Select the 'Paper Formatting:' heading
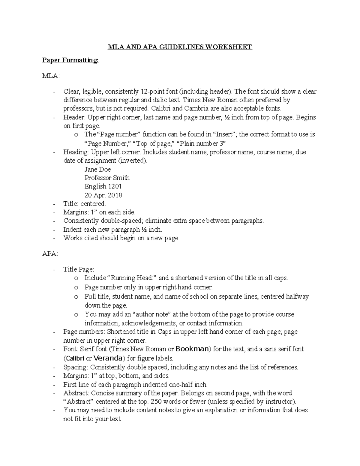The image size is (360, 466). pyautogui.click(x=70, y=61)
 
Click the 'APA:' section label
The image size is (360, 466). pyautogui.click(x=50, y=254)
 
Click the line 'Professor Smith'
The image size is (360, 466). pyautogui.click(x=107, y=178)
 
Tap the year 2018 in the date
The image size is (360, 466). pyautogui.click(x=115, y=195)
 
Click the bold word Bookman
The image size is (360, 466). pyautogui.click(x=192, y=349)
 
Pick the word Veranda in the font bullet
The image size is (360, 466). pyautogui.click(x=108, y=358)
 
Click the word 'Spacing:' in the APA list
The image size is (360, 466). pyautogui.click(x=76, y=367)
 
